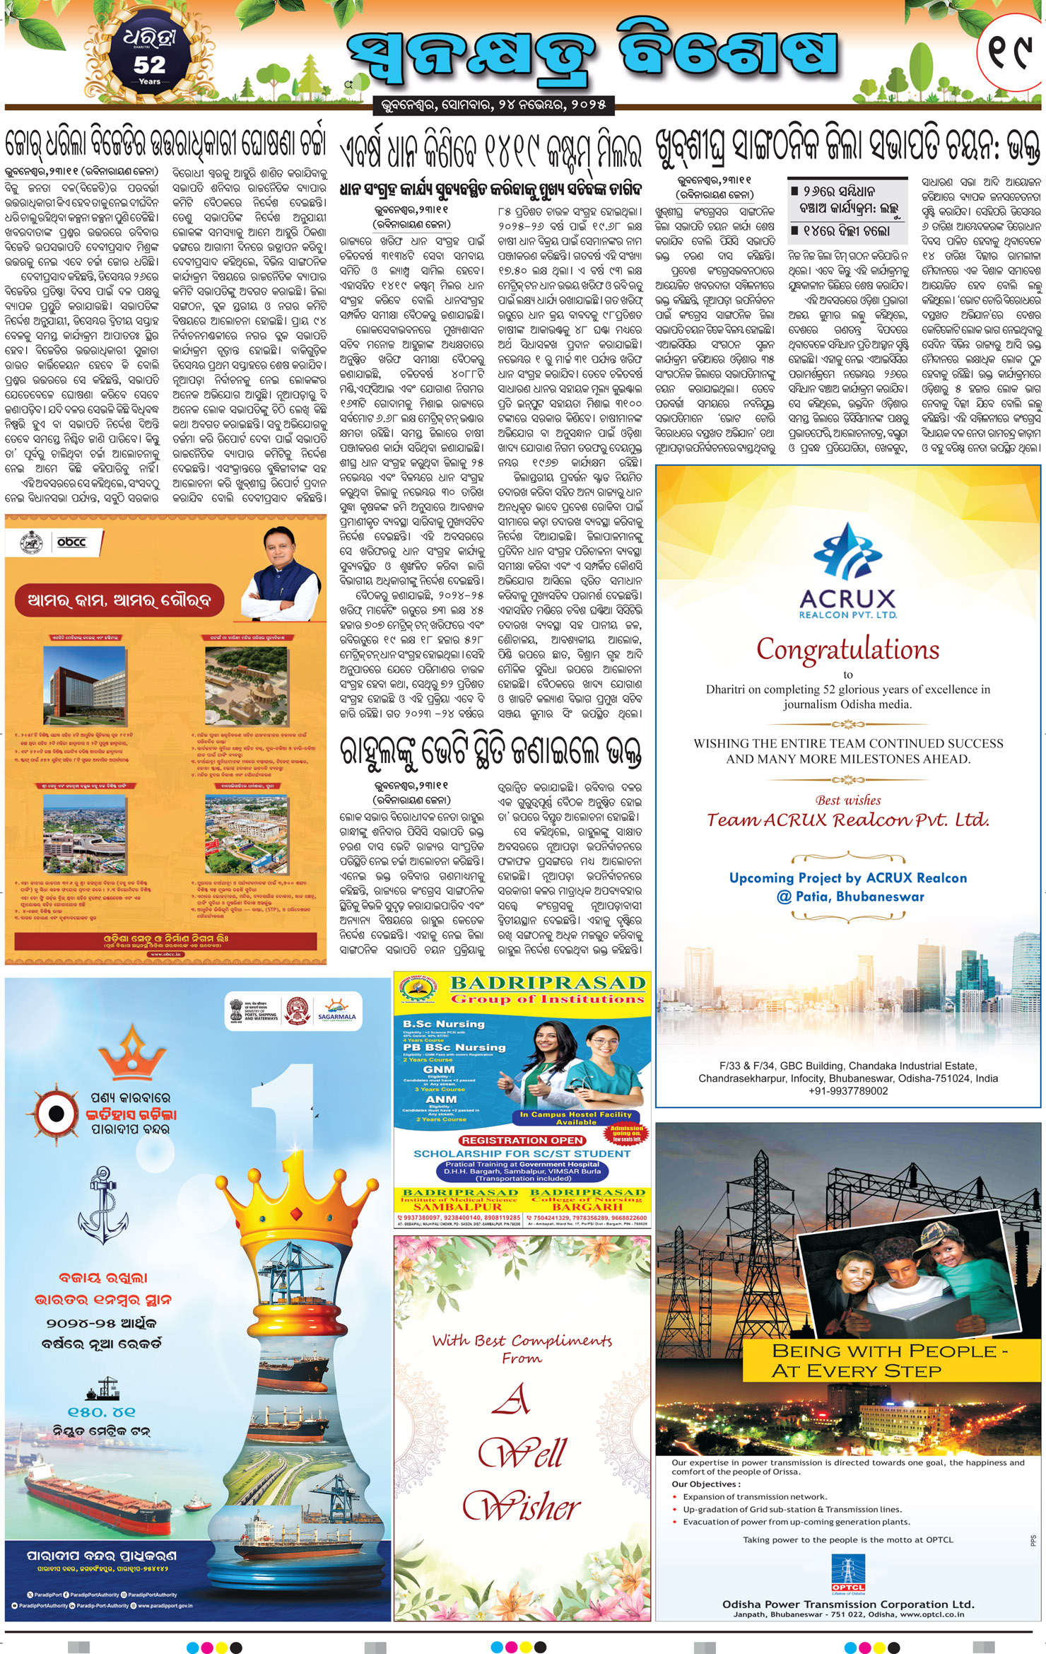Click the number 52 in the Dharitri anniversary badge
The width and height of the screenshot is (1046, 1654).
[x=149, y=65]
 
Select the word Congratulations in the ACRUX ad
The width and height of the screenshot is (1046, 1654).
[x=847, y=648]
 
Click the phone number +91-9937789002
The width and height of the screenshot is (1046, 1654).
[x=848, y=1091]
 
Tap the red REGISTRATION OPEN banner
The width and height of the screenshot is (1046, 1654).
[x=522, y=1140]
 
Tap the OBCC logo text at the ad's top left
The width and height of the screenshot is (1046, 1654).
[x=71, y=542]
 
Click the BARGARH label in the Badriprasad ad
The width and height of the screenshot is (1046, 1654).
[x=587, y=1207]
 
